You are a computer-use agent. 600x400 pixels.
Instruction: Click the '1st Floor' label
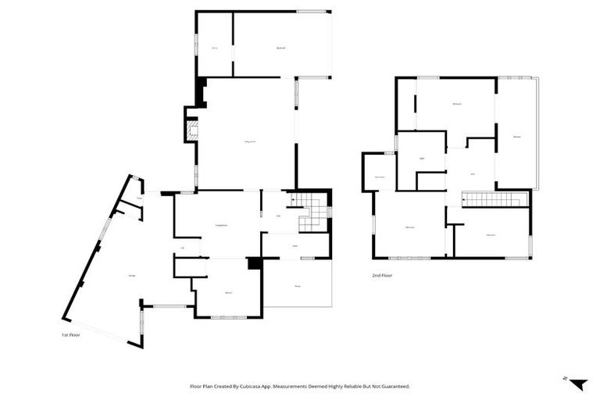(70, 334)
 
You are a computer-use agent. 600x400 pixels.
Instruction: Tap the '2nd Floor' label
(381, 276)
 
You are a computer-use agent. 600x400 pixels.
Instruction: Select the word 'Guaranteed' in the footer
(393, 386)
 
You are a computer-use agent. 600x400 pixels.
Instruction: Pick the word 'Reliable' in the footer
(348, 386)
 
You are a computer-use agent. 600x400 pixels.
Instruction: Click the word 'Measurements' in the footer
(297, 386)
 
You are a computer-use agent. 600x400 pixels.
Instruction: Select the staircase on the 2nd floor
(495, 199)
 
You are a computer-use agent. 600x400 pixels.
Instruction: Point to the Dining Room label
(222, 226)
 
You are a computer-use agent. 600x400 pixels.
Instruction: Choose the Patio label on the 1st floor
(297, 286)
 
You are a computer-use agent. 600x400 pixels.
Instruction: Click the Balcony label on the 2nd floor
(516, 137)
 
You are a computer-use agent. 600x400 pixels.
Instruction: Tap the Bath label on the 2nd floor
(422, 159)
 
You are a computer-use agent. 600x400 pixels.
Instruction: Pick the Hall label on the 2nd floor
(472, 173)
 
